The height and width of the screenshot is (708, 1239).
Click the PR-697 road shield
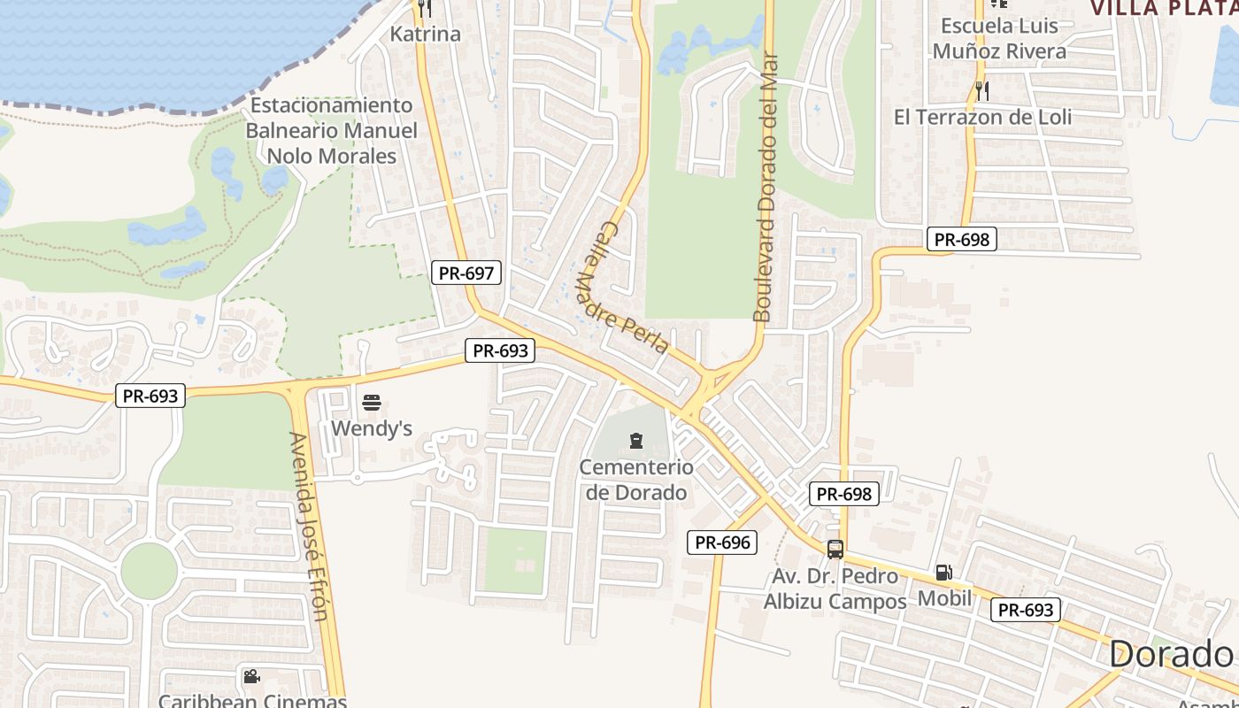466,273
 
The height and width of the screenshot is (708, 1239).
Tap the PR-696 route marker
722,543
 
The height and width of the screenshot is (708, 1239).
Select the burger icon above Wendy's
372,404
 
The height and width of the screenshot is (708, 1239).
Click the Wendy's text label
372,429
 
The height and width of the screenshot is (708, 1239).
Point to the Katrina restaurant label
426,35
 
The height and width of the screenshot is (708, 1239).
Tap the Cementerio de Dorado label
636,480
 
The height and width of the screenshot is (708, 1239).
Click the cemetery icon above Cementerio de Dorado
635,441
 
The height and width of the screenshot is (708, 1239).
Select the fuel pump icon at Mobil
944,573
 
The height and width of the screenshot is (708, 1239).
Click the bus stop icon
835,550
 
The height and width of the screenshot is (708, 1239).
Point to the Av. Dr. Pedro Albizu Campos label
835,589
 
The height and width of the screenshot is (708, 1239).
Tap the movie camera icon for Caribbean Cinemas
251,677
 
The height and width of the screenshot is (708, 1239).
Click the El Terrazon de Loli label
982,117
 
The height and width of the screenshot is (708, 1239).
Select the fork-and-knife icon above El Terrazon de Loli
982,90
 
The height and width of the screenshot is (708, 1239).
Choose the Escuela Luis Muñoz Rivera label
999,39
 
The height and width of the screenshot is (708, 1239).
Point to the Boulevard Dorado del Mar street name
766,188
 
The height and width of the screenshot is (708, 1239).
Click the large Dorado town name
1170,655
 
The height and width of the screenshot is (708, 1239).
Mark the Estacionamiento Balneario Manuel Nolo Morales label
332,131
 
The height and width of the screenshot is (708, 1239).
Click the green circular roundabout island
149,571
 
